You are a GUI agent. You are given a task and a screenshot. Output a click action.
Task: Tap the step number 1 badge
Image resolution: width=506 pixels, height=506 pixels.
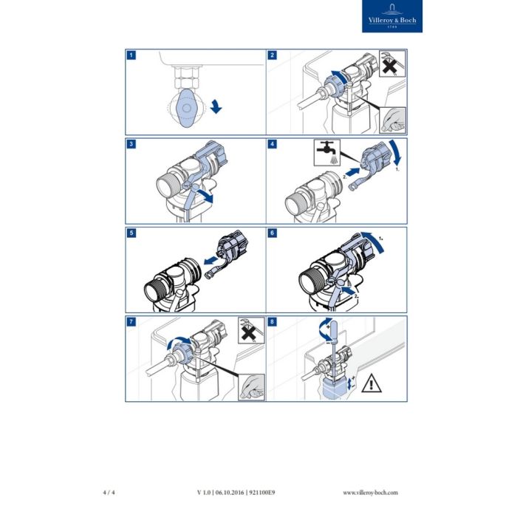click(x=131, y=55)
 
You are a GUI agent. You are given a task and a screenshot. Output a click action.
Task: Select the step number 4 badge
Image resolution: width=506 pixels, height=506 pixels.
click(x=273, y=143)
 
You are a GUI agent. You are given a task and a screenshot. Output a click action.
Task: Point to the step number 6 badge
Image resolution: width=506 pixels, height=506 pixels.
click(x=273, y=232)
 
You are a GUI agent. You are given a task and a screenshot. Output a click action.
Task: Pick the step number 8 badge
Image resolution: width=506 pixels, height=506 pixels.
click(x=273, y=321)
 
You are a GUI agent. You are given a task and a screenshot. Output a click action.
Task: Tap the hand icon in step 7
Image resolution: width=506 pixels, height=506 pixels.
click(x=250, y=385)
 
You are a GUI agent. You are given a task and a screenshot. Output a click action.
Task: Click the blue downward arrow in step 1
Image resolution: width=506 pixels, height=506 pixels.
click(x=215, y=107)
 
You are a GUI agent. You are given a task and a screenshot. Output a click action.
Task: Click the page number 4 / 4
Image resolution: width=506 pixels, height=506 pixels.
click(x=109, y=492)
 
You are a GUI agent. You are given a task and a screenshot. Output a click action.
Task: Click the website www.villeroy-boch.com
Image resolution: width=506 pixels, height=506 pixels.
click(x=371, y=492)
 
